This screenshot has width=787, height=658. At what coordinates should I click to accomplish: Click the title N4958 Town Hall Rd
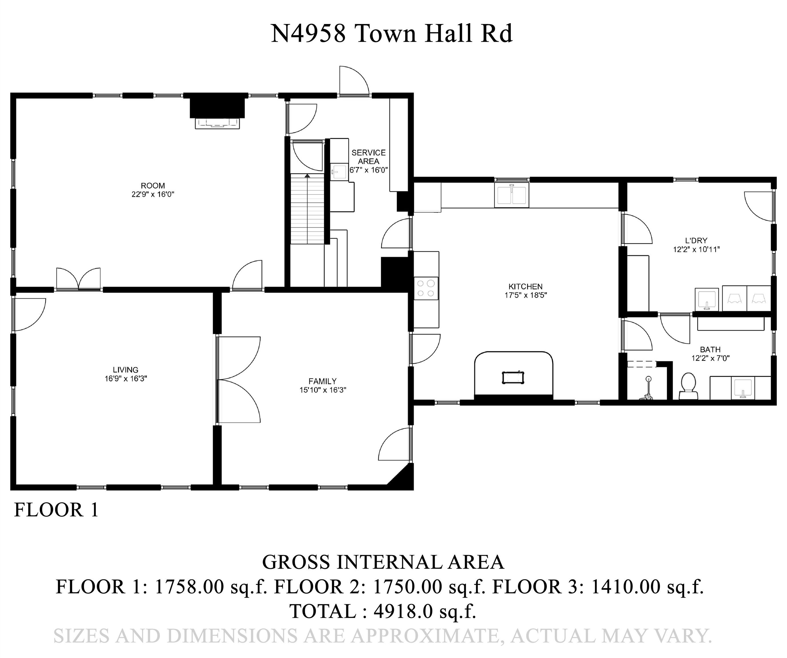pyautogui.click(x=391, y=34)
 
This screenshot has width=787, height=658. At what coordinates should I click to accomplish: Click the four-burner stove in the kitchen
pyautogui.click(x=426, y=288)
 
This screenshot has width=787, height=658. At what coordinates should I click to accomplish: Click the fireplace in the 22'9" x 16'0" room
pyautogui.click(x=217, y=113)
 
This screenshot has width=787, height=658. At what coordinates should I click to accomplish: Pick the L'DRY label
pyautogui.click(x=696, y=240)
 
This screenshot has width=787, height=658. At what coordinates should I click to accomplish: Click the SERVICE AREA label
pyautogui.click(x=369, y=157)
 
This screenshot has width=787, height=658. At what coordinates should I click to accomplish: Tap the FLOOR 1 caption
pyautogui.click(x=56, y=510)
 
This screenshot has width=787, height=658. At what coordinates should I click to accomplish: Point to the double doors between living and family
pyautogui.click(x=238, y=380)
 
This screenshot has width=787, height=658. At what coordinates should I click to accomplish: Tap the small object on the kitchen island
pyautogui.click(x=513, y=377)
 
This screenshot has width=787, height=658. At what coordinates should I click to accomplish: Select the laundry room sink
pyautogui.click(x=706, y=299)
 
